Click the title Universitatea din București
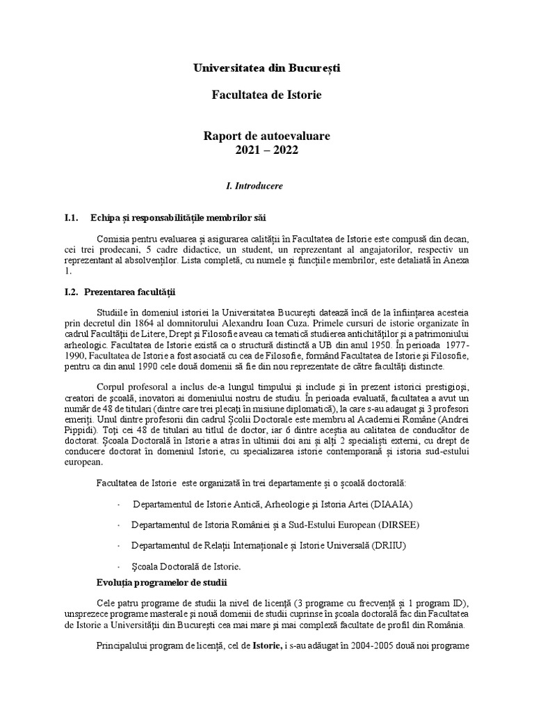(267, 68)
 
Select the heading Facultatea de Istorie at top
(267, 94)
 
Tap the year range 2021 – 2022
(267, 148)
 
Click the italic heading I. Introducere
(254, 187)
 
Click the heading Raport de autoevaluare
(267, 135)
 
